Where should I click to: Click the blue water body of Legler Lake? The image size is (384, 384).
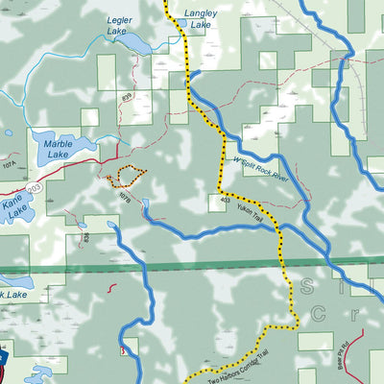[x=134, y=45]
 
